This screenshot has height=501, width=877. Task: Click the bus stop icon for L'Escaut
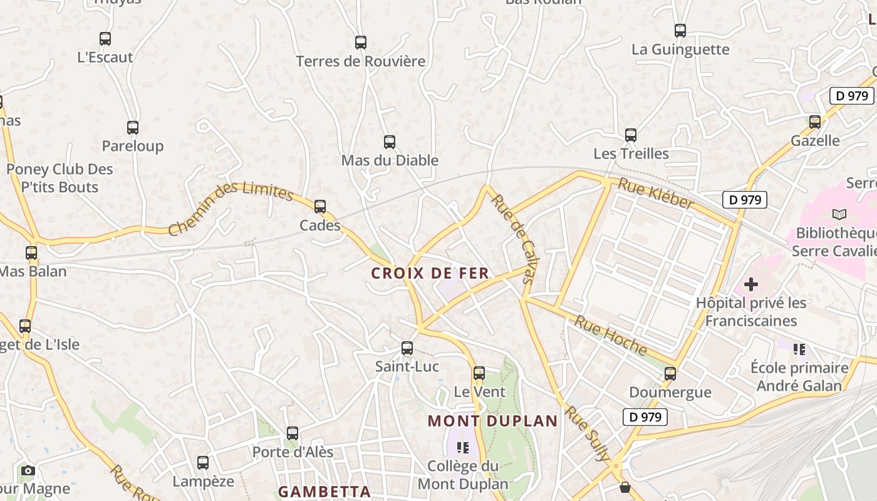point(105,39)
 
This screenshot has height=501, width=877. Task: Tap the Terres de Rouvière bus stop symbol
point(361,43)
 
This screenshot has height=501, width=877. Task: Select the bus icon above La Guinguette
point(680,30)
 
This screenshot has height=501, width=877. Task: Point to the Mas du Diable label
point(390,160)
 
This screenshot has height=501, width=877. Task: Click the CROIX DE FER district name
point(430,274)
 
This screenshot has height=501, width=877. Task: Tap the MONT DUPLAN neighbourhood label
point(492,421)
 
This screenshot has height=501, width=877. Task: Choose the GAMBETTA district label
point(324,492)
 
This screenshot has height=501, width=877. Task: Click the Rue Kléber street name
point(656,193)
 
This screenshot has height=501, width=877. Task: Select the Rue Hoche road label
point(611,336)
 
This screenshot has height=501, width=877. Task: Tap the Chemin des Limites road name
point(231,208)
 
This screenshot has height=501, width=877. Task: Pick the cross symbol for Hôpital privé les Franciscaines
point(750,284)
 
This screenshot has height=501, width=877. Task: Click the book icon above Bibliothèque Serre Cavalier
point(839,214)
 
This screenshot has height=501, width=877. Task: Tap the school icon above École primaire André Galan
point(799,349)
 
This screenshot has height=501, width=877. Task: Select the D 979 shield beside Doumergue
point(645,417)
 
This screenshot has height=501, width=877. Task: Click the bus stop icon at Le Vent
point(479,373)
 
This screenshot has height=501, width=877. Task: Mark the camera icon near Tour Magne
point(28,470)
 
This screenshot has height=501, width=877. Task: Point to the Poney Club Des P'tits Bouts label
point(60,178)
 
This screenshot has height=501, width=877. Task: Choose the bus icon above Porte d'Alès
point(293,433)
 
